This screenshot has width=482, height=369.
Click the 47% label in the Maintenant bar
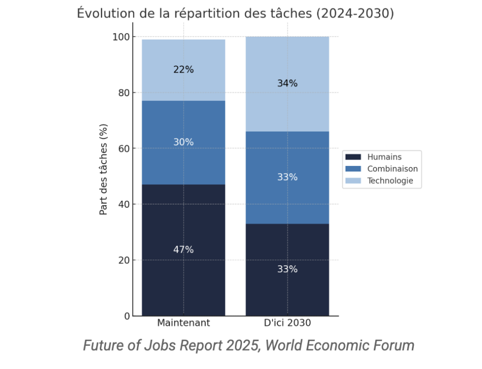pyautogui.click(x=183, y=250)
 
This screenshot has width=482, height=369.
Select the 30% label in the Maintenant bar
pyautogui.click(x=183, y=142)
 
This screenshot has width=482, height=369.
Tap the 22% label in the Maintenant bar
pyautogui.click(x=183, y=70)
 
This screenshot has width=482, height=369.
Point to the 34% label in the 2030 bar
pyautogui.click(x=287, y=83)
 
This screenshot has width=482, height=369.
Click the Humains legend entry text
pyautogui.click(x=384, y=157)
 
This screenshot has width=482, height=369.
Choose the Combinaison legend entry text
pyautogui.click(x=392, y=169)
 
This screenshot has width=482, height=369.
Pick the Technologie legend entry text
pyautogui.click(x=390, y=180)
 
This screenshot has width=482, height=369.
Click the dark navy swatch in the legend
pyautogui.click(x=353, y=157)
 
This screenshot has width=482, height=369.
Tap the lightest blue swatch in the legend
pyautogui.click(x=353, y=180)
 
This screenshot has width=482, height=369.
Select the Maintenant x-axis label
pyautogui.click(x=183, y=323)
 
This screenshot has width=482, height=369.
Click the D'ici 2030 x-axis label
pyautogui.click(x=287, y=323)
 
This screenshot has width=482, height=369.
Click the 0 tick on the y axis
pyautogui.click(x=127, y=316)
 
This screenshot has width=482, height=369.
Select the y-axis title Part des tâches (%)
pyautogui.click(x=104, y=169)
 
